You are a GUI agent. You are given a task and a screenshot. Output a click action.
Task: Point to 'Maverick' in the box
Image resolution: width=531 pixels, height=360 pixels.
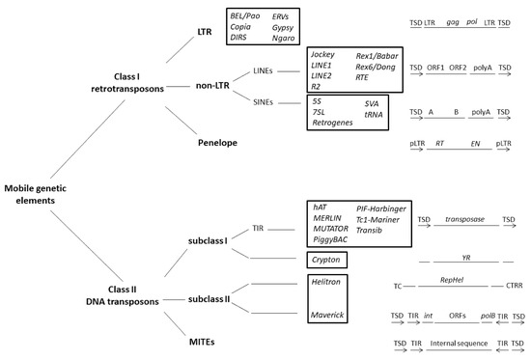click(329, 315)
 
